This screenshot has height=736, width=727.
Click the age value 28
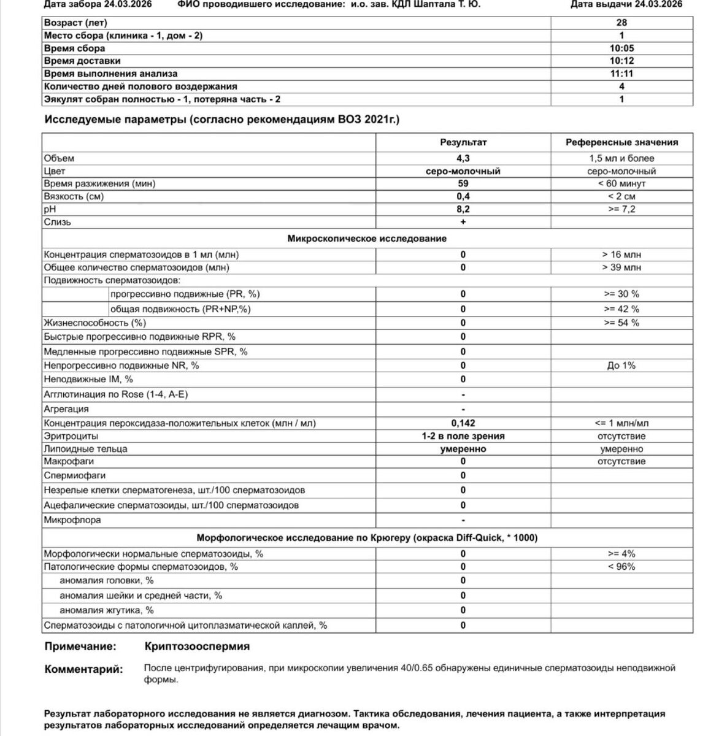point(621,23)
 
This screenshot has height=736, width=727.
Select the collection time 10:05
point(621,48)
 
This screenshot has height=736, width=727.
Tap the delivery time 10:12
point(621,61)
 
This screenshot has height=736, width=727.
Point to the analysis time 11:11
point(621,74)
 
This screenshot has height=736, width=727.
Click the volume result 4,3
point(463,158)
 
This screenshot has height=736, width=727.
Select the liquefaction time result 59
point(463,183)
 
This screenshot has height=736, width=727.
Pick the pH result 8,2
point(463,209)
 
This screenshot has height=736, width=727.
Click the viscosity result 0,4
point(463,196)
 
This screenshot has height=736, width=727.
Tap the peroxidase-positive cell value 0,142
point(463,423)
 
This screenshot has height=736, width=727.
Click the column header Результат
point(463,142)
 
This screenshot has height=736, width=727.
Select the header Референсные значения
point(621,142)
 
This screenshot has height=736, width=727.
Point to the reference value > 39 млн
point(621,267)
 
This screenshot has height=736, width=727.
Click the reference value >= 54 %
point(621,323)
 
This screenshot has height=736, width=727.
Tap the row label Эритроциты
point(71,436)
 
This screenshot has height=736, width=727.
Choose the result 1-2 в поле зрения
point(463,436)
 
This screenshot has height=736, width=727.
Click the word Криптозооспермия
point(197,646)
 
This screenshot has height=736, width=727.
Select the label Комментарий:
point(83,669)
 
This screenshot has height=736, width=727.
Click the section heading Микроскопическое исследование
point(367,238)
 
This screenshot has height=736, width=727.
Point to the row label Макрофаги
point(69,461)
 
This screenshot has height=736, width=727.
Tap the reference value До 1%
point(621,366)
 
